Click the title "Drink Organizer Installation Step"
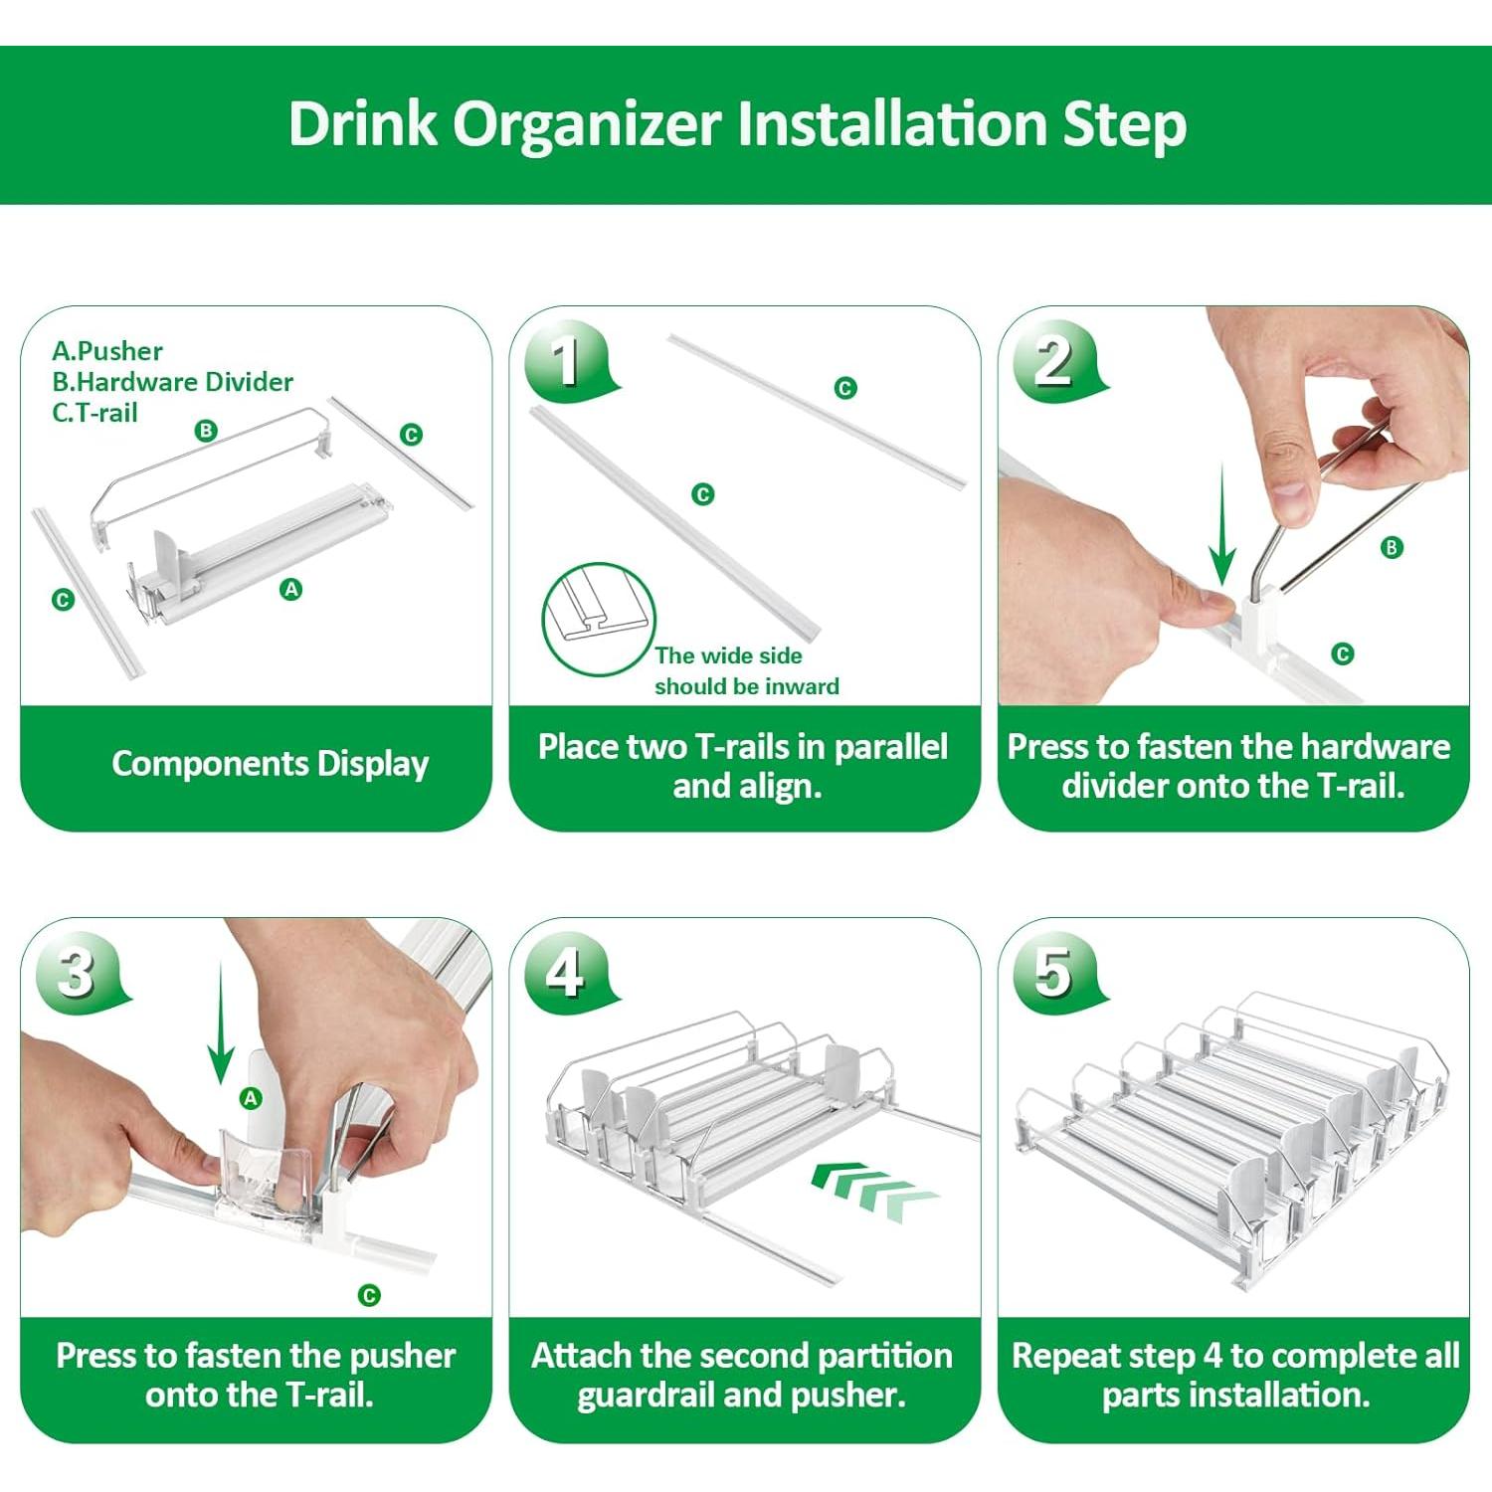[737, 124]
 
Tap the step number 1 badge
[567, 360]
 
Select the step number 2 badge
[1055, 360]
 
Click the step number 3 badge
[78, 971]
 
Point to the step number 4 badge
[566, 971]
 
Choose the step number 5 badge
[1054, 971]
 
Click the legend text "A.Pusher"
[107, 351]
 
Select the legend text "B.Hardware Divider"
[172, 382]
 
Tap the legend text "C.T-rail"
[94, 413]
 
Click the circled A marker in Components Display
[291, 590]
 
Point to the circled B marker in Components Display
[206, 431]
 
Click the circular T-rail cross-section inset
[599, 619]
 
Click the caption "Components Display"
[270, 764]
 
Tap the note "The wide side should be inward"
[746, 671]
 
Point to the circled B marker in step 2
[1392, 547]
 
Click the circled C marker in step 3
[369, 1295]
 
